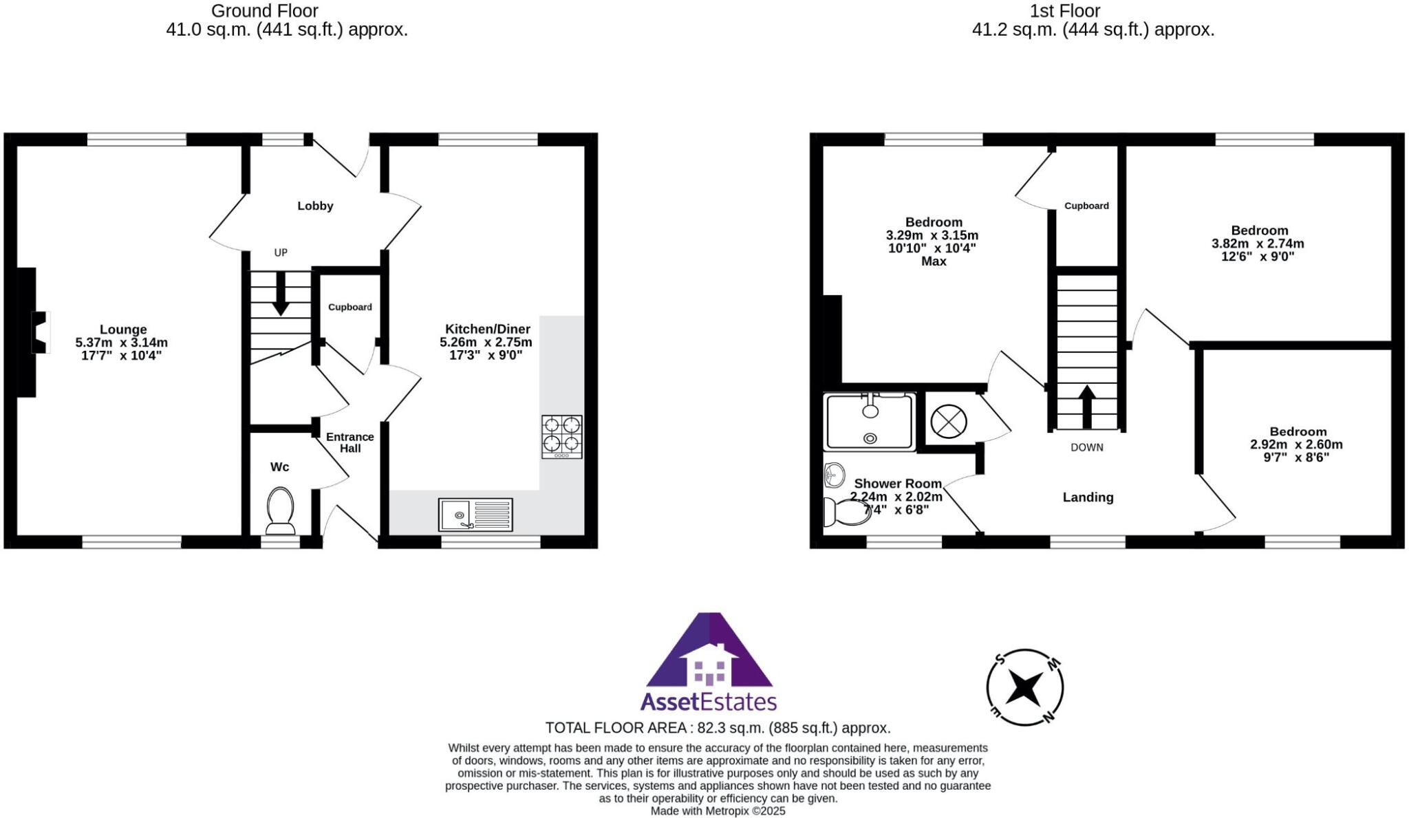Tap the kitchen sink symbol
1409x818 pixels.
pyautogui.click(x=475, y=515)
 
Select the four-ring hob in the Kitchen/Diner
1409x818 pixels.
pyautogui.click(x=561, y=436)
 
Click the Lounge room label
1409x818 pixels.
pyautogui.click(x=122, y=330)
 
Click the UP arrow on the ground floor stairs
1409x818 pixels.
pyautogui.click(x=280, y=294)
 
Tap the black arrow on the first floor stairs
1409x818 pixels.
pyautogui.click(x=1086, y=407)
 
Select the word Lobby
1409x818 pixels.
pyautogui.click(x=315, y=206)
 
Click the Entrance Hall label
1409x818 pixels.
pyautogui.click(x=349, y=442)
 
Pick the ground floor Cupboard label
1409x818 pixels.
pyautogui.click(x=349, y=307)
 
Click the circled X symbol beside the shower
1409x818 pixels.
pyautogui.click(x=948, y=421)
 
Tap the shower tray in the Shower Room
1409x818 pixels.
pyautogui.click(x=870, y=421)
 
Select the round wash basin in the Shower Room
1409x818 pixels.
pyautogui.click(x=835, y=474)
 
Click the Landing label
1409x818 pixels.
pyautogui.click(x=1087, y=497)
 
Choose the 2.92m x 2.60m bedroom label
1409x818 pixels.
pyautogui.click(x=1296, y=444)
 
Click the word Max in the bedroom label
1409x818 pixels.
pyautogui.click(x=934, y=261)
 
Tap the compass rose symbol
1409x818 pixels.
pyautogui.click(x=1024, y=687)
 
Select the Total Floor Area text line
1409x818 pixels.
pyautogui.click(x=718, y=728)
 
